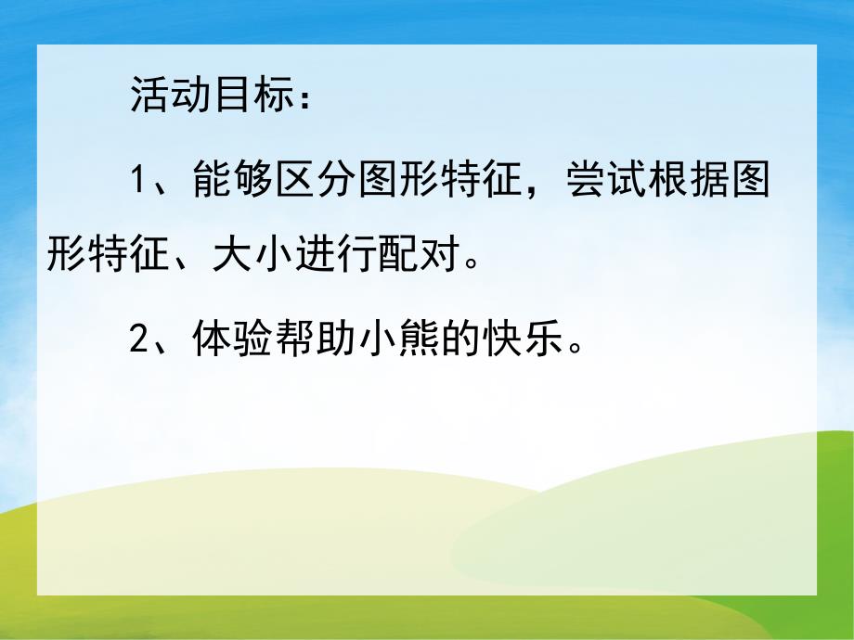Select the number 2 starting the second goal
click(138, 340)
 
